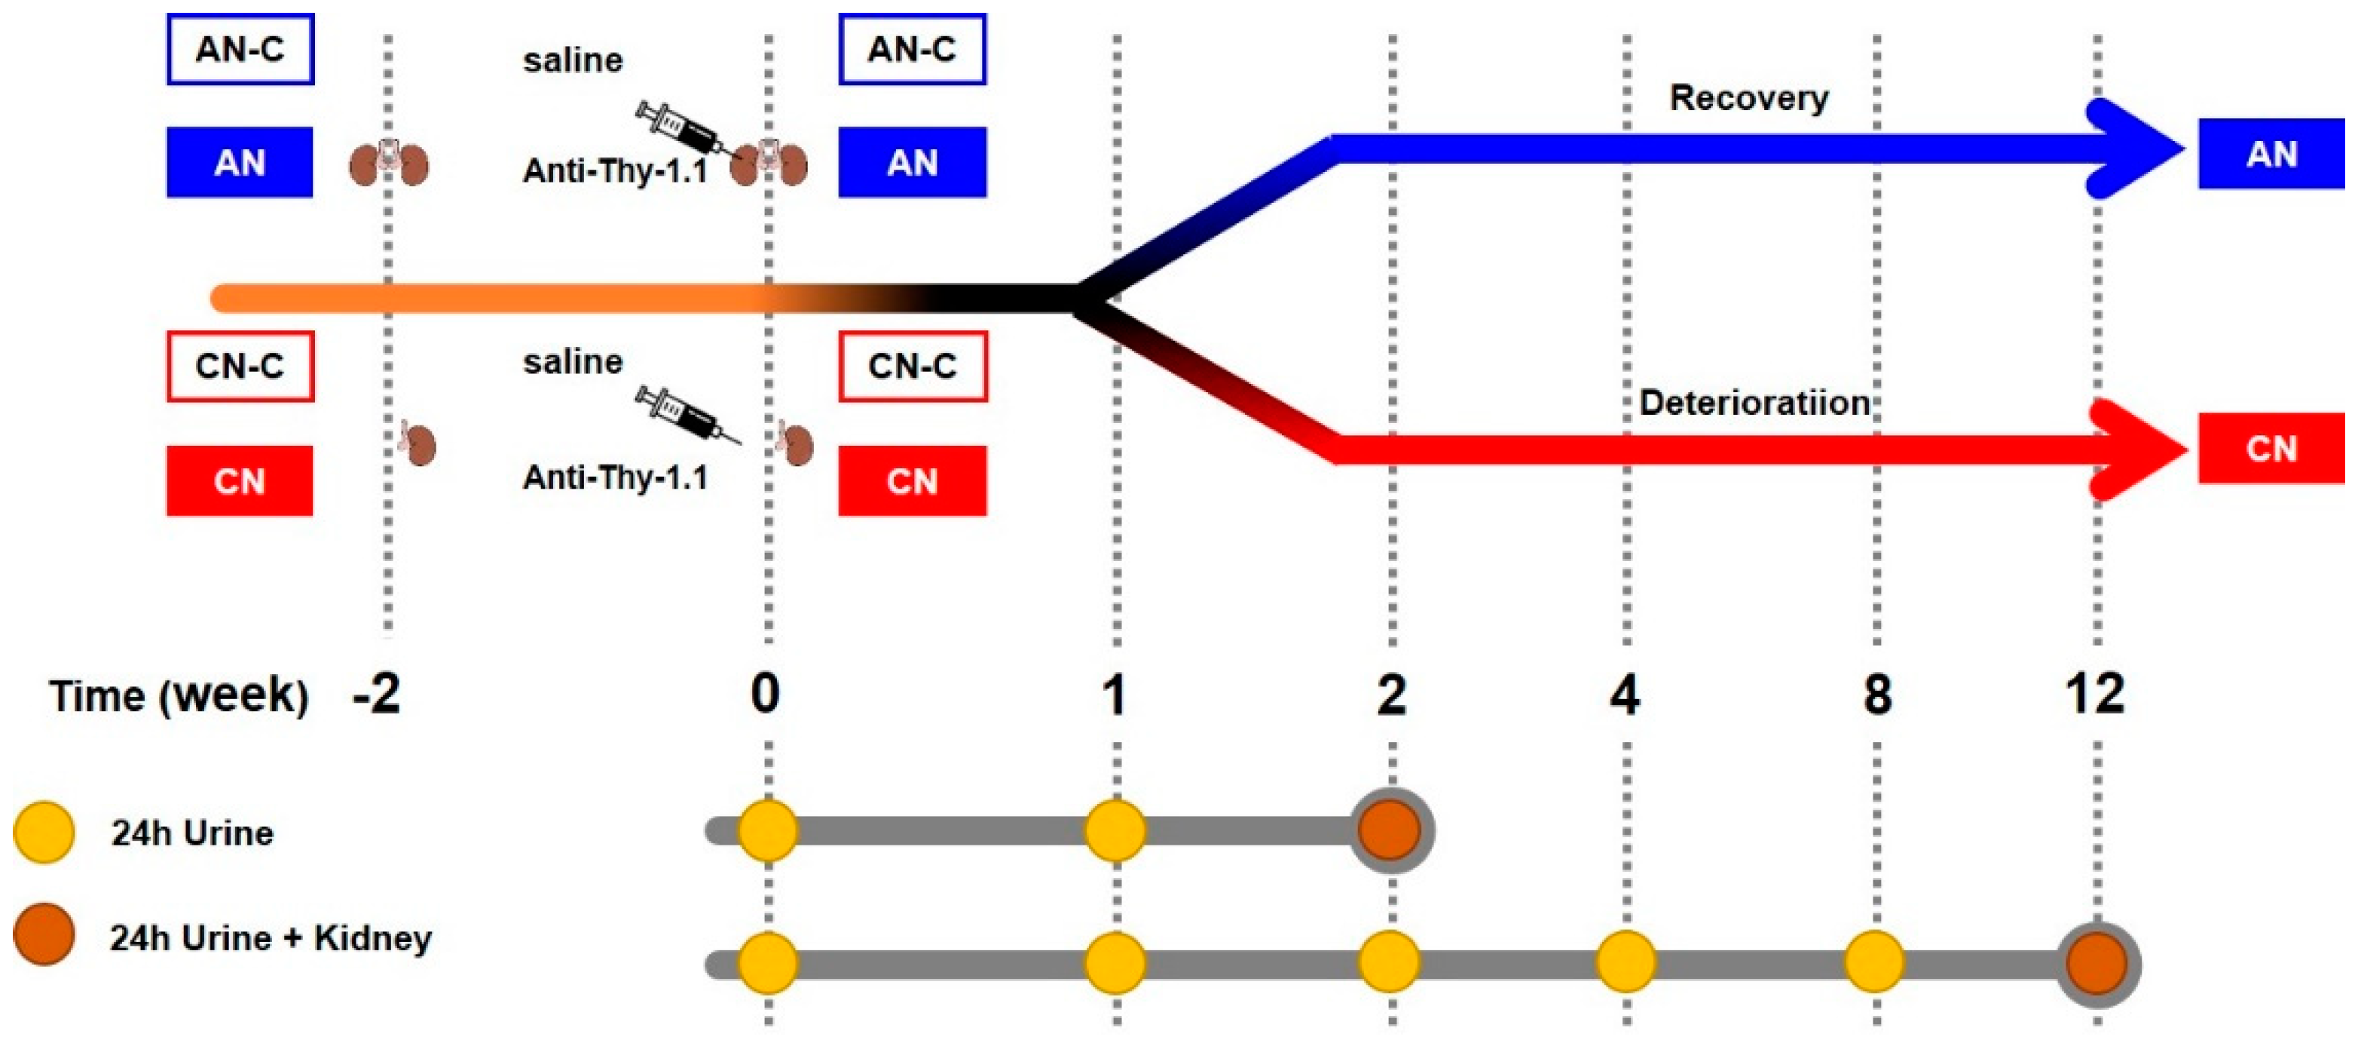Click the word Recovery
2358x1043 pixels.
coord(1748,97)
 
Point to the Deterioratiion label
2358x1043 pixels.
coord(1754,403)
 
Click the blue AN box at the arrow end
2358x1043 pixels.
coord(2271,154)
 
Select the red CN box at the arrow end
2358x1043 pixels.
coord(2271,449)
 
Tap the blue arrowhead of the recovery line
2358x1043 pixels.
coord(2137,149)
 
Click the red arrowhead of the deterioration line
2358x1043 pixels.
coord(2140,449)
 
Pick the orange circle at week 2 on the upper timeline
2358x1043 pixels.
coord(1390,830)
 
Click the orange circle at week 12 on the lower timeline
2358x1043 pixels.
coord(2097,963)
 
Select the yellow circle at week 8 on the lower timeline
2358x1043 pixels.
coord(1873,962)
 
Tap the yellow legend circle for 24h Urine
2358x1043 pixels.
coord(44,833)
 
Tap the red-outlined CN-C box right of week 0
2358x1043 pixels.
coord(913,367)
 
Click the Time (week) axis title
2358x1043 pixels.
coord(179,696)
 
